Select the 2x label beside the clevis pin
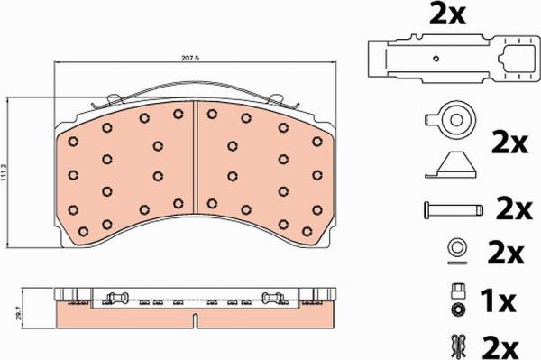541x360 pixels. click(x=513, y=209)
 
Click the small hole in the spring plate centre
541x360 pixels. click(x=436, y=60)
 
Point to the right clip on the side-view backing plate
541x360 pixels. click(x=272, y=298)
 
